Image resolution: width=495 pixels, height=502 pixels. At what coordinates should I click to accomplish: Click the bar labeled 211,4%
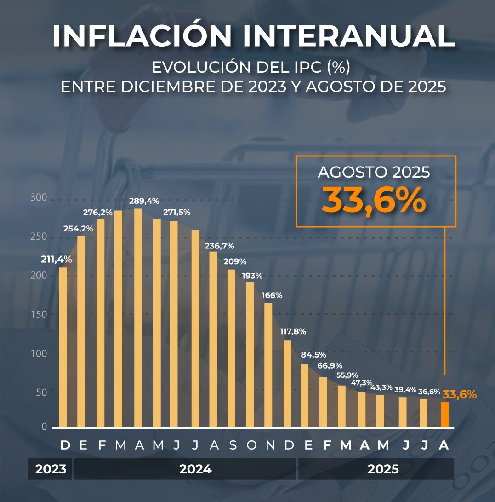[63, 347]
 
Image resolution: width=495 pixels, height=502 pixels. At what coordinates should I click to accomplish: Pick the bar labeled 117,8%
[287, 384]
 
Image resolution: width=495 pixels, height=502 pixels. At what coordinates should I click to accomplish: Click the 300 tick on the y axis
[39, 197]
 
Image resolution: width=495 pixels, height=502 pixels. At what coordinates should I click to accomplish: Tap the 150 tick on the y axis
[39, 314]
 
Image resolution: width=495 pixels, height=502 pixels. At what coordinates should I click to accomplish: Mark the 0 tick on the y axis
[44, 427]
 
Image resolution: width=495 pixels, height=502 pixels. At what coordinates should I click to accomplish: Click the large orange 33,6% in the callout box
[374, 200]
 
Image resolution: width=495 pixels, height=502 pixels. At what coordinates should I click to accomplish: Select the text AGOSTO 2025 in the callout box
[374, 173]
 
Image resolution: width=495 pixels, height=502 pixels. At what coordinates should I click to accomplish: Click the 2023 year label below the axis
[51, 469]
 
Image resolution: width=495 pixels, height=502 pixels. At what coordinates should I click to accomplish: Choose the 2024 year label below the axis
[195, 469]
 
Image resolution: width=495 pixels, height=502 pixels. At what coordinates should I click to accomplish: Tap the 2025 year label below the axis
[383, 469]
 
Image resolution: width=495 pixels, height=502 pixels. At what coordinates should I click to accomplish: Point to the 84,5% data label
[313, 354]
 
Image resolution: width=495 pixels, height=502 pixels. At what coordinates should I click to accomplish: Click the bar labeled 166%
[268, 365]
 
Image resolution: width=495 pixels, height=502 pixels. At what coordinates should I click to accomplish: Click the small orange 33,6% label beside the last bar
[459, 394]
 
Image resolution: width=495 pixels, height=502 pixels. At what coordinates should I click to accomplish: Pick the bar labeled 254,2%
[81, 331]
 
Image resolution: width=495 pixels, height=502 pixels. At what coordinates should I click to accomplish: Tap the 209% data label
[235, 261]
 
